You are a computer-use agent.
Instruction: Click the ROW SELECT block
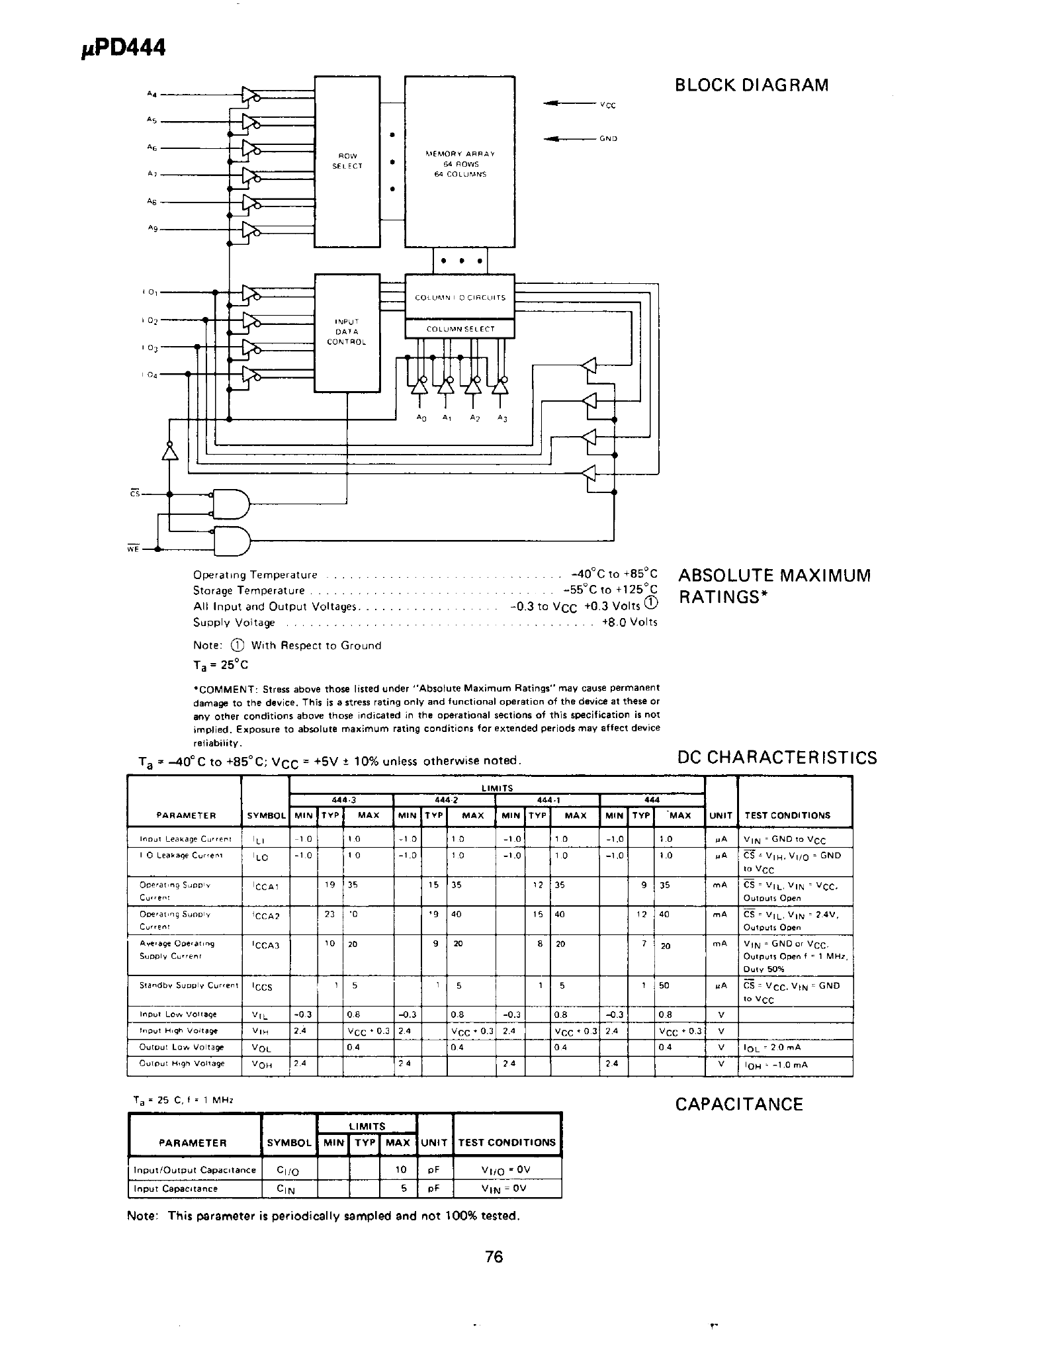(347, 161)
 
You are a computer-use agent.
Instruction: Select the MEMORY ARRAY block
(460, 163)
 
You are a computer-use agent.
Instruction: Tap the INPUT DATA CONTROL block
(347, 332)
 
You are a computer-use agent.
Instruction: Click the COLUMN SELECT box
(460, 329)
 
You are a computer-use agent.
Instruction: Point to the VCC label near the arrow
(608, 105)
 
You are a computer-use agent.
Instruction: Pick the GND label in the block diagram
(608, 139)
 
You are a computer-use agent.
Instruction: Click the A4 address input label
(151, 94)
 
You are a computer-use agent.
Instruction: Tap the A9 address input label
(151, 228)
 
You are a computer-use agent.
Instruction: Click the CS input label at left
(134, 493)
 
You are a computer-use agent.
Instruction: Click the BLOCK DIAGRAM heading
(751, 85)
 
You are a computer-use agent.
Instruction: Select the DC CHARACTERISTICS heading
(777, 758)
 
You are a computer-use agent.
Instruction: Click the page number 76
(494, 1256)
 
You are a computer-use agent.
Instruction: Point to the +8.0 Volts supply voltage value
(629, 622)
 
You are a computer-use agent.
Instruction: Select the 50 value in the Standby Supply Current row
(665, 985)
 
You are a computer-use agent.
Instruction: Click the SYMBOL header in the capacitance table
(289, 1142)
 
